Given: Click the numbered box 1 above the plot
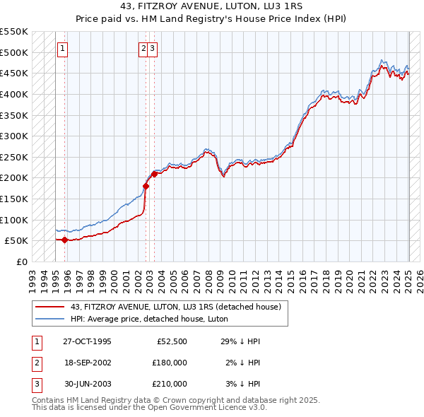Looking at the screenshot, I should (63, 49).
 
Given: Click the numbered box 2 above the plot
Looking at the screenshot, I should (143, 49).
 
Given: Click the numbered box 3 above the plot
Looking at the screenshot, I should (153, 49).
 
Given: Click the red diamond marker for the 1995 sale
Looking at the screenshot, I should (64, 240).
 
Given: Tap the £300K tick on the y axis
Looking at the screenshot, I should (15, 136).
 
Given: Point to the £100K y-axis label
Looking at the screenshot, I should (15, 220).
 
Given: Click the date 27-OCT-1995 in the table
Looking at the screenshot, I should (87, 341).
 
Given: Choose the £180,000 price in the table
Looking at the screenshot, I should (169, 363).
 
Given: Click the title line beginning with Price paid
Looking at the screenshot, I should (212, 19).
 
